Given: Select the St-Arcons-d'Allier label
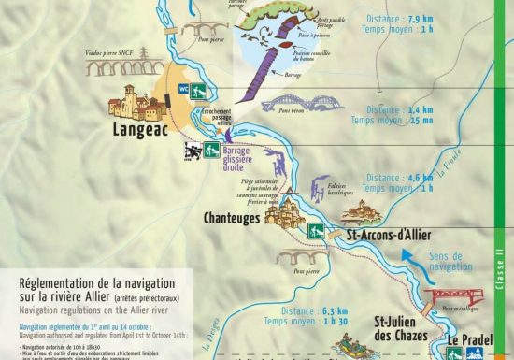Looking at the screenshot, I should (x=390, y=235).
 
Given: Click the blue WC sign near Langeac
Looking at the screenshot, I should (x=196, y=91).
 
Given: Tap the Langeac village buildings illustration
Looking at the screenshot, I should (x=136, y=101).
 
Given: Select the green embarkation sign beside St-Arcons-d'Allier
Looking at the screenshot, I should (x=318, y=231).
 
